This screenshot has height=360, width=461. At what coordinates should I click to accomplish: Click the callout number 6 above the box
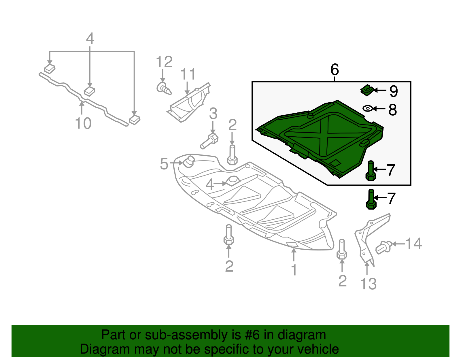coord(335,69)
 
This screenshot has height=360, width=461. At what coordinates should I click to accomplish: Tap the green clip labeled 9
coord(367,90)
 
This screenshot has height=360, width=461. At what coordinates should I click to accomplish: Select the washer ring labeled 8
coord(367,109)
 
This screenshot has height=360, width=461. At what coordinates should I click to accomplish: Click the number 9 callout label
coord(394,91)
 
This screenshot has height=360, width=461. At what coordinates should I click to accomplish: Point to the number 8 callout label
coord(392,110)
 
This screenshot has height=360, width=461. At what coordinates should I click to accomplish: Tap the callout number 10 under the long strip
coord(83,123)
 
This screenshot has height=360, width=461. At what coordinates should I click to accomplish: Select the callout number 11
coord(188,74)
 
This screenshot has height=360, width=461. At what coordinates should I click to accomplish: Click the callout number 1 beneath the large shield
coord(294,270)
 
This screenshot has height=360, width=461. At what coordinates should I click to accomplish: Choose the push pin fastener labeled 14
coord(383,247)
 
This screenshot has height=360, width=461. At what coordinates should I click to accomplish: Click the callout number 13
coord(368,284)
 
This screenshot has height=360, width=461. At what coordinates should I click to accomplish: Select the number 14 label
coord(413,244)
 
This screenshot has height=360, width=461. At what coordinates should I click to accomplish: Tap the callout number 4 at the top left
coord(90,39)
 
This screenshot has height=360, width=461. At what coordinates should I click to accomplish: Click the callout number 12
coord(164,62)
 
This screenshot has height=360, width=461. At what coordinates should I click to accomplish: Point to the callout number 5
coord(164,164)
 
